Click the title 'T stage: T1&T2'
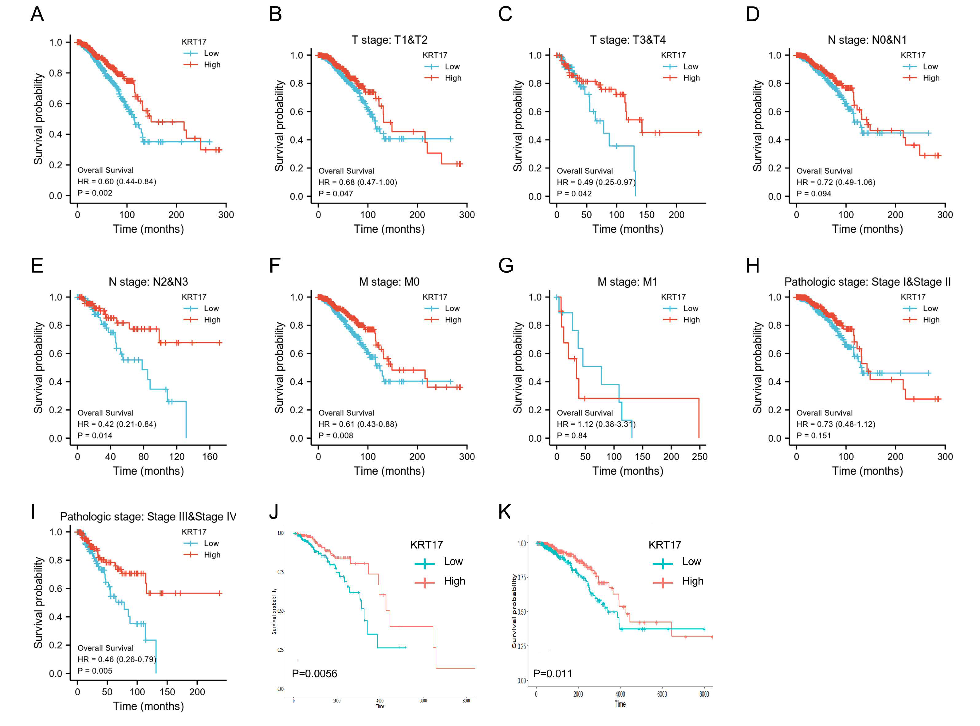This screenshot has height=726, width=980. tap(389, 40)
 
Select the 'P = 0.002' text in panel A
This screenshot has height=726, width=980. tap(95, 193)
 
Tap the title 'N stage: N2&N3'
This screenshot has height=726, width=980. tap(148, 282)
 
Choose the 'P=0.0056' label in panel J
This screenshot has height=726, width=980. tap(315, 674)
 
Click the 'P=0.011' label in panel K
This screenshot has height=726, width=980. tap(553, 674)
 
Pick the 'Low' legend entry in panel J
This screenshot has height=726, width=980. tap(453, 562)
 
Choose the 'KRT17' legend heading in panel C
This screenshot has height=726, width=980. tap(673, 55)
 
